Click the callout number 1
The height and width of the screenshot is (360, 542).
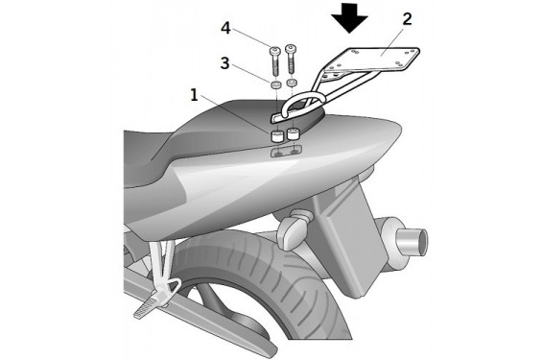pos(195,95)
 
